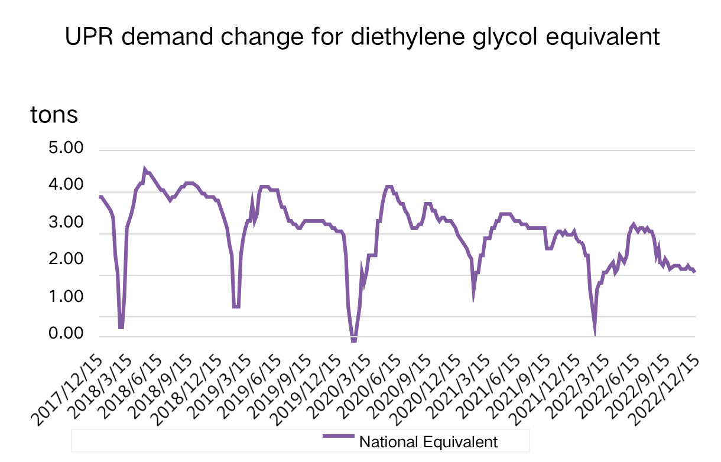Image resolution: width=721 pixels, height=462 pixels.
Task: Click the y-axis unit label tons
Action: pyautogui.click(x=54, y=115)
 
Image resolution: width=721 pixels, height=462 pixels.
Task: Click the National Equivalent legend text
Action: pyautogui.click(x=428, y=441)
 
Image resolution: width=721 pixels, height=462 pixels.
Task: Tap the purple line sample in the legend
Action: pyautogui.click(x=338, y=437)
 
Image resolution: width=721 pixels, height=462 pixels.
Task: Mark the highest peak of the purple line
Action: pyautogui.click(x=145, y=168)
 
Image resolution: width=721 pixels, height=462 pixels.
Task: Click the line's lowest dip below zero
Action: pyautogui.click(x=353, y=341)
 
